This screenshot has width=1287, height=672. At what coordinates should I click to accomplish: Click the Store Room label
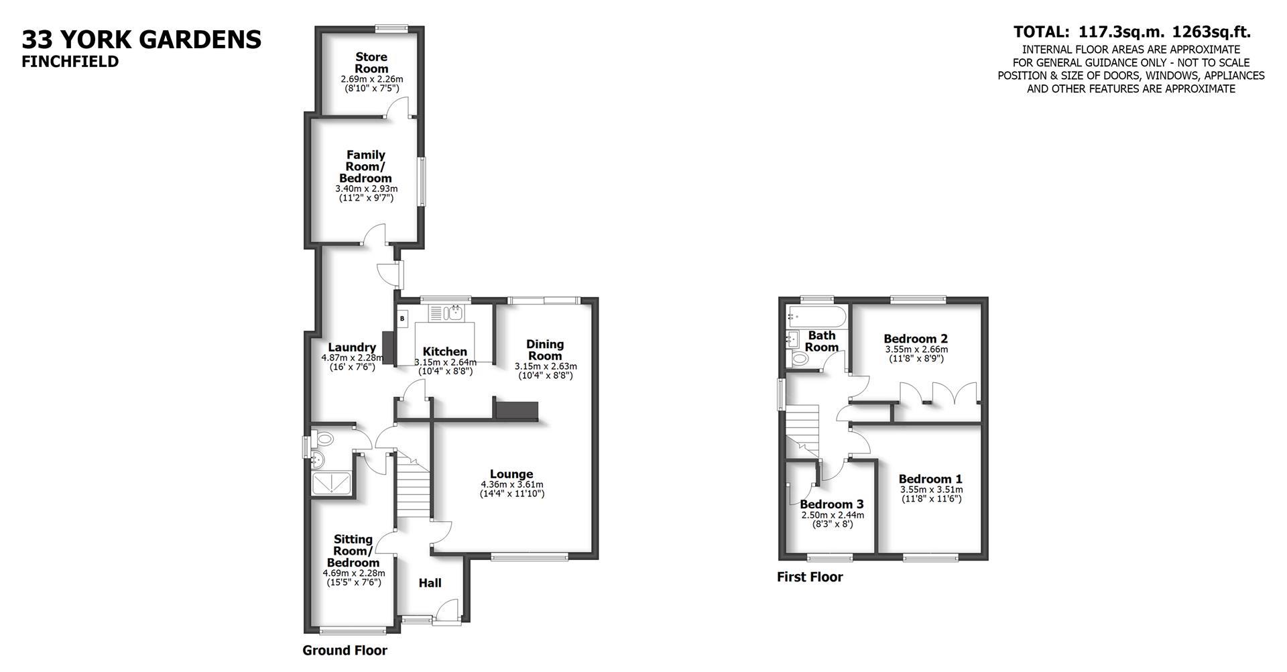[371, 63]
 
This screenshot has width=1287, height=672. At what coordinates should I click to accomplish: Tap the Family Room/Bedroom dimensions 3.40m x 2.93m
[366, 189]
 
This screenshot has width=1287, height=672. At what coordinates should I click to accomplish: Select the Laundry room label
[352, 347]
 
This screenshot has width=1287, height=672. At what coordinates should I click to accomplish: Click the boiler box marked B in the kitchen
[402, 319]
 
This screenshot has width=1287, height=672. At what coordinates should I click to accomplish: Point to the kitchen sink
[456, 313]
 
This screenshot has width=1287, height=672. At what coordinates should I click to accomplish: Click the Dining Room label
[545, 350]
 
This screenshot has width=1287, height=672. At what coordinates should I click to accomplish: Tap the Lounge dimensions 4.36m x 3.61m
[511, 485]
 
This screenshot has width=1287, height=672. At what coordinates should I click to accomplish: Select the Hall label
[430, 583]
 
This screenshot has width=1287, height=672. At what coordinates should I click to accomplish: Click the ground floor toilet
[324, 440]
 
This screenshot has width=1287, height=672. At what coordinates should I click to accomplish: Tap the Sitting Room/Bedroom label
[353, 551]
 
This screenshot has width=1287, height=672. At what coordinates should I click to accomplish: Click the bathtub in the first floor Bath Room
[816, 315]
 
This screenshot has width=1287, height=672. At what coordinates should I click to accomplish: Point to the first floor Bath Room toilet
[800, 359]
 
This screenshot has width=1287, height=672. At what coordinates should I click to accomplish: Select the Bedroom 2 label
[915, 339]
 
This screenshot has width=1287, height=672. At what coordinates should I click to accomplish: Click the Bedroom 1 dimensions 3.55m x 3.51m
[930, 490]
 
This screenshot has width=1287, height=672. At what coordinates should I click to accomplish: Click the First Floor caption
[810, 577]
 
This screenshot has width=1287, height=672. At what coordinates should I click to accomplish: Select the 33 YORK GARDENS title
[141, 40]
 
